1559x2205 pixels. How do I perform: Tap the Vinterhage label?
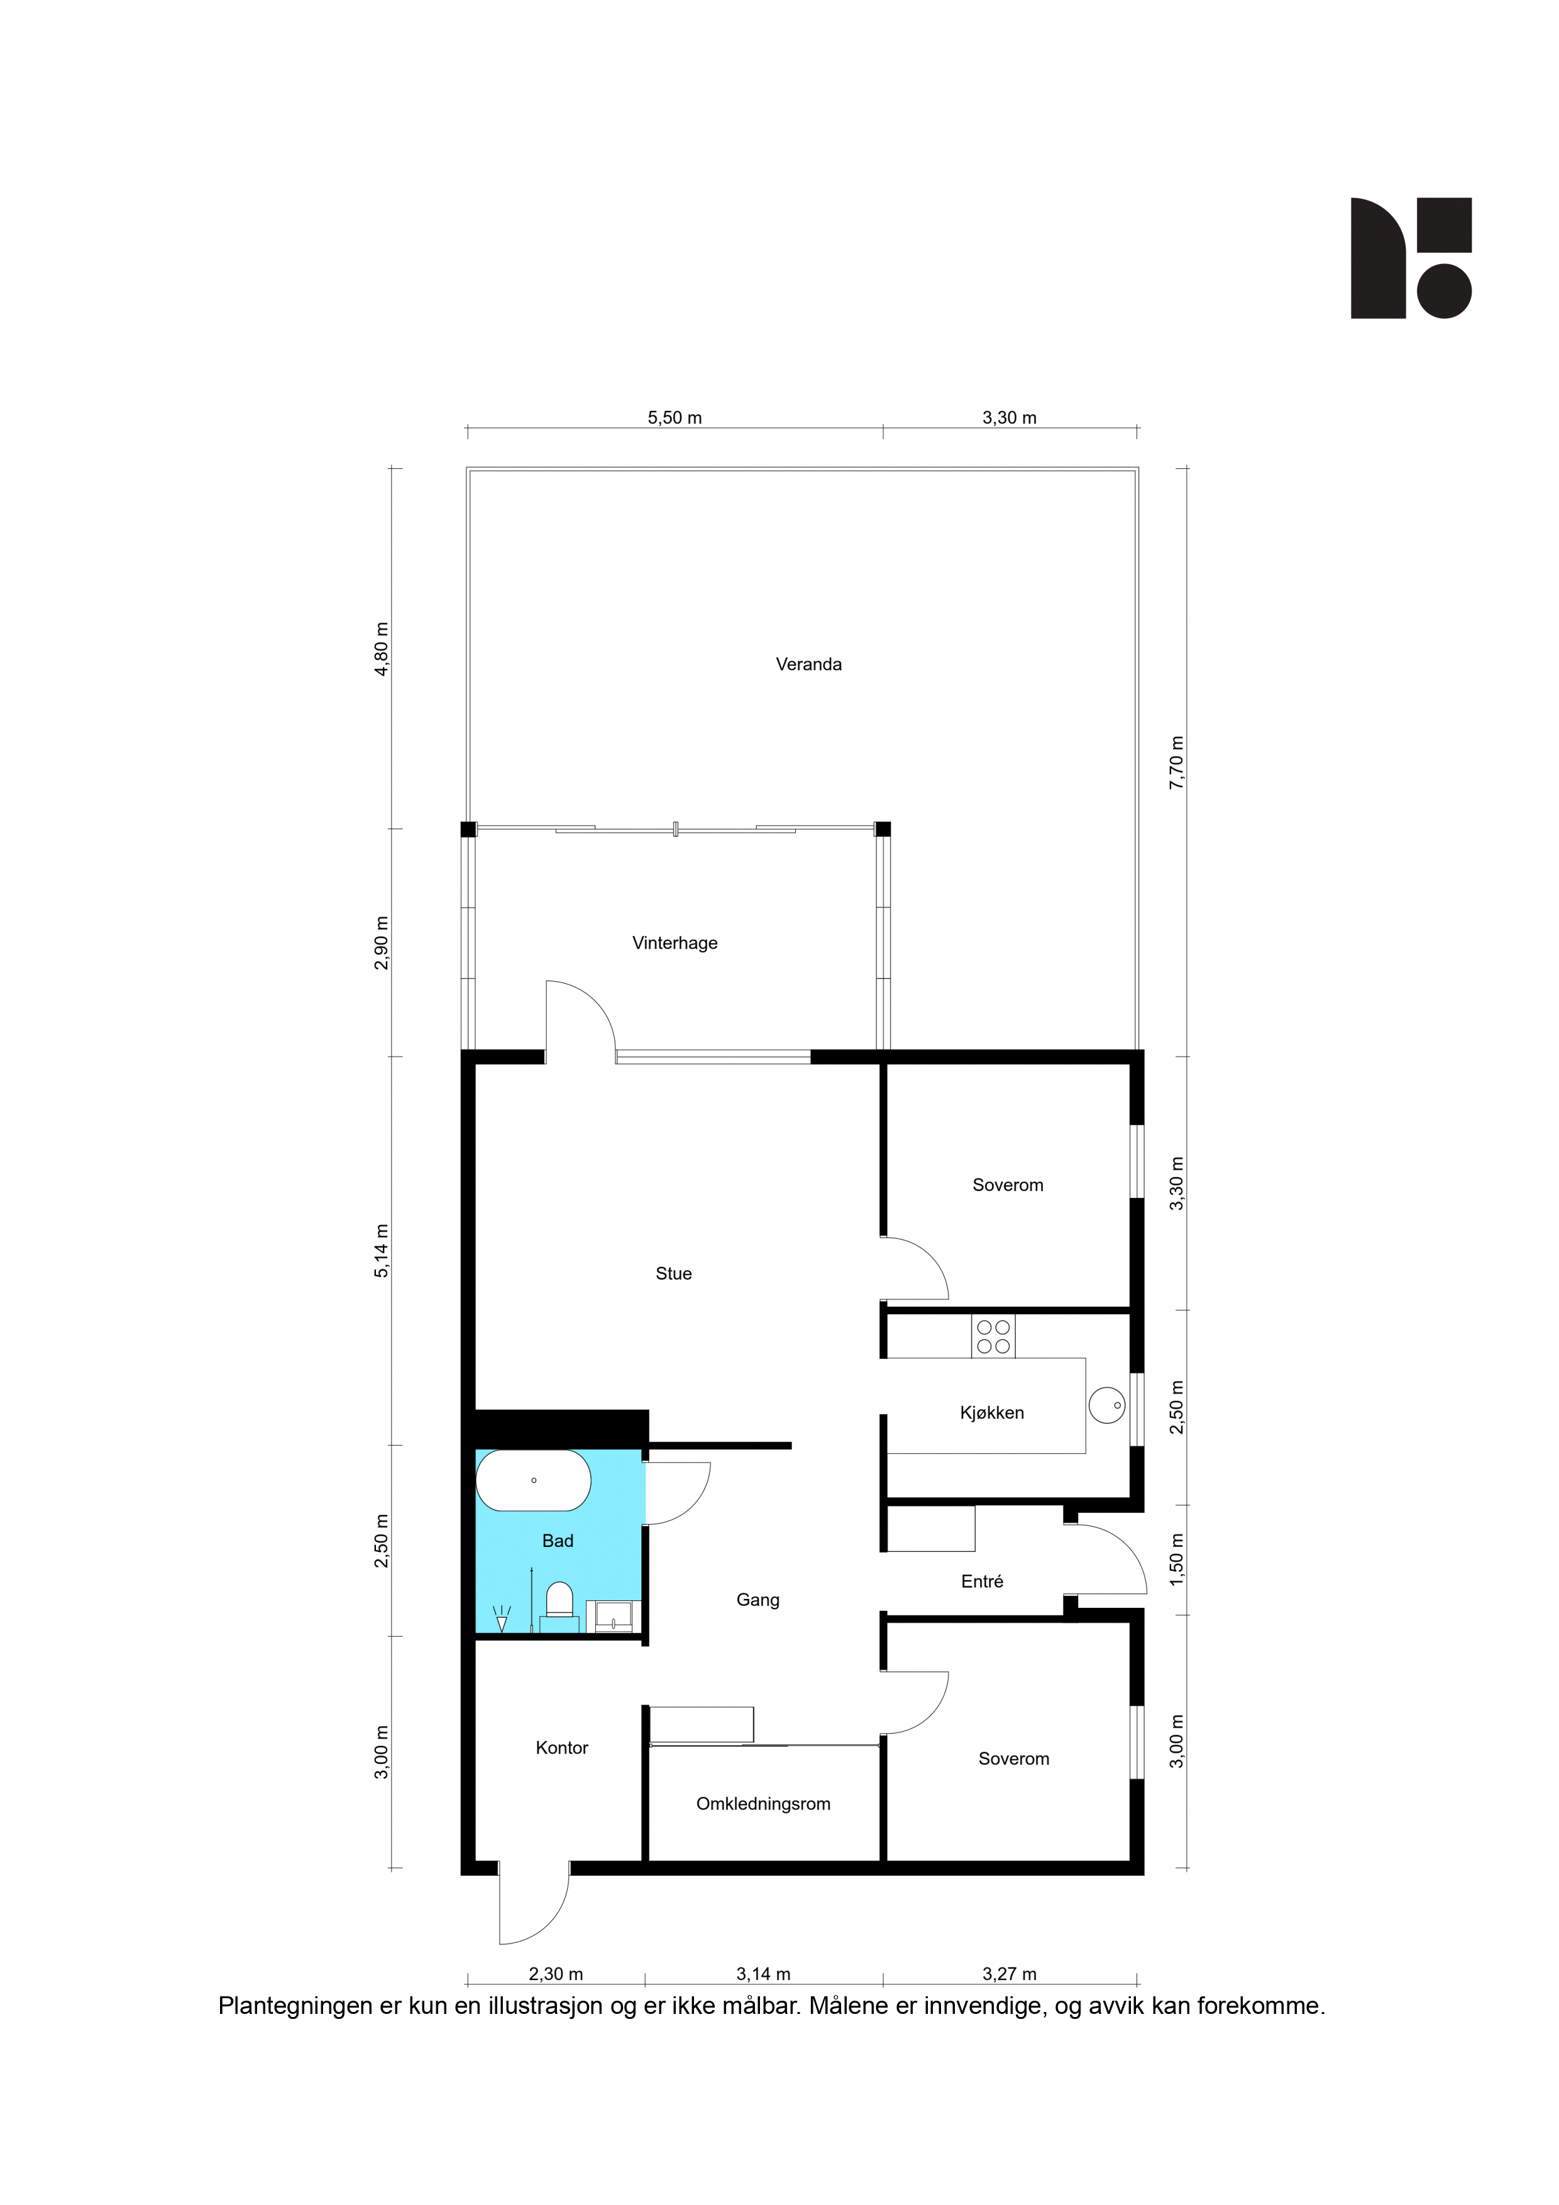[675, 942]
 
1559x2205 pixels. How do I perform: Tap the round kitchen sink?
[1106, 1405]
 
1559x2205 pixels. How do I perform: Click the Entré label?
[982, 1581]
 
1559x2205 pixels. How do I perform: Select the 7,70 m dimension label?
[1177, 762]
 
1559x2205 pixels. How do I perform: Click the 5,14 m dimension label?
[382, 1250]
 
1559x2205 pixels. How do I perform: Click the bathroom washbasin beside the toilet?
[612, 1616]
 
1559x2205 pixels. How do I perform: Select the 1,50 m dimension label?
[1177, 1559]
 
